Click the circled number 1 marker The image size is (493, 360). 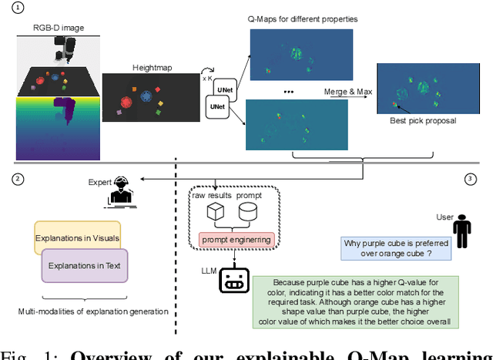[18, 8]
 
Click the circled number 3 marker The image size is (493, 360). [470, 179]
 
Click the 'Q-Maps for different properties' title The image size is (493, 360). [302, 19]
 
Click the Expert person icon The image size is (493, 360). [119, 191]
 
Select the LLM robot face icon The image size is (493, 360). [232, 281]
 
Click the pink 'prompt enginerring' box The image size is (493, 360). [237, 239]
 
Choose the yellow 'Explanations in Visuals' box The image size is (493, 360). [78, 237]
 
